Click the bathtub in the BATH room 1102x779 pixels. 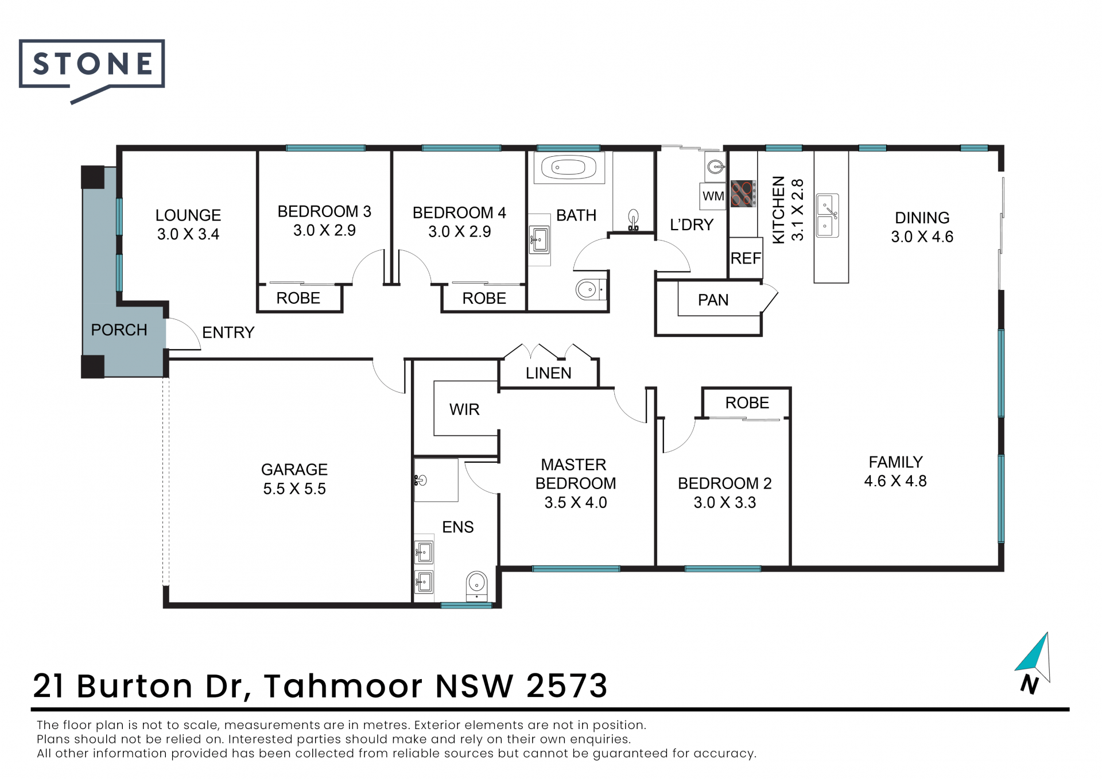(569, 168)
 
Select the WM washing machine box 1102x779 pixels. (713, 196)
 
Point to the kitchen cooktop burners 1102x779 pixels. (743, 193)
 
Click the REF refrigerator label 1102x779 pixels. (746, 258)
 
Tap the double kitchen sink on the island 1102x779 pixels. (828, 215)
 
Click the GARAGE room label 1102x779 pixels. (294, 470)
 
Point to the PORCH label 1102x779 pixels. (119, 330)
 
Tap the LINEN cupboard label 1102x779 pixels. (549, 373)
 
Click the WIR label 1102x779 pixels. (464, 409)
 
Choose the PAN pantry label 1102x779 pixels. (713, 300)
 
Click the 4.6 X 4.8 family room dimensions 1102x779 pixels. (895, 481)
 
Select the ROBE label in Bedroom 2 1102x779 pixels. (747, 403)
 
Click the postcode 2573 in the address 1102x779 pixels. (566, 685)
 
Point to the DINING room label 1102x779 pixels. (922, 218)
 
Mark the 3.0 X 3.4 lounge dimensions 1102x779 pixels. (188, 234)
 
